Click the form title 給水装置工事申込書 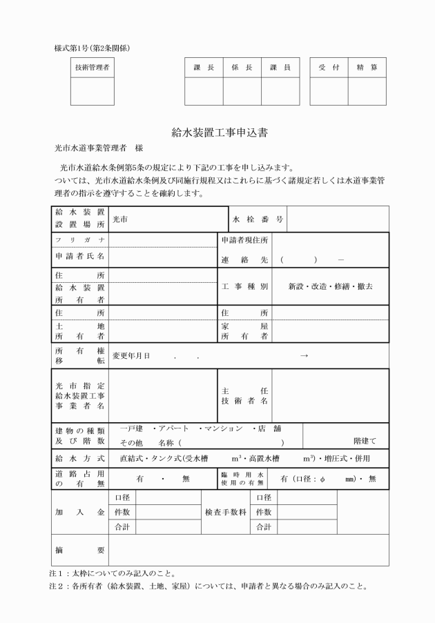(217, 131)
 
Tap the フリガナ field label (80, 239)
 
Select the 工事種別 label (244, 286)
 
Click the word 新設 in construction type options (299, 286)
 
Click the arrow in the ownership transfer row (304, 355)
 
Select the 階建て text (365, 440)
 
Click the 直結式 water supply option (132, 458)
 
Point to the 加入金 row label (80, 513)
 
